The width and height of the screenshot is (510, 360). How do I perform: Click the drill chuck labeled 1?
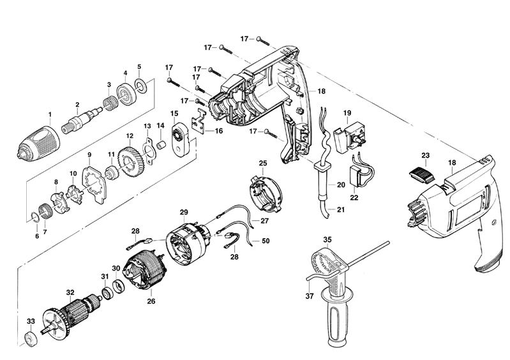click(38, 144)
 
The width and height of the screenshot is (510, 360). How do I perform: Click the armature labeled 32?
click(71, 315)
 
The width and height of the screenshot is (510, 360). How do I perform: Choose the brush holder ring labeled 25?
click(266, 194)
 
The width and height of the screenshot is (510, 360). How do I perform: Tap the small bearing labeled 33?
click(31, 339)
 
